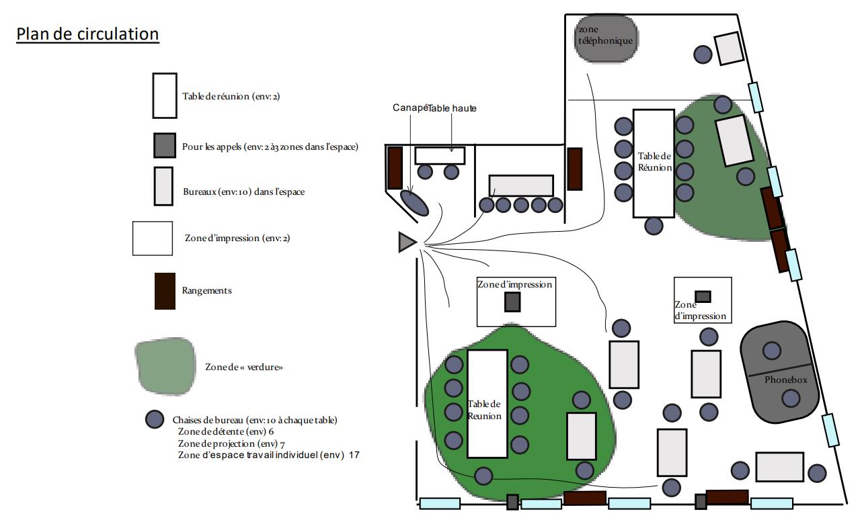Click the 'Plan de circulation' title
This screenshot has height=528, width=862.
pyautogui.click(x=87, y=34)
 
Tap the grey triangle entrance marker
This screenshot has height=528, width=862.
pyautogui.click(x=406, y=242)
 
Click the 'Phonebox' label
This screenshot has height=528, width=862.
pyautogui.click(x=785, y=380)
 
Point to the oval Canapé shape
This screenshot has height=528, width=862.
pyautogui.click(x=415, y=203)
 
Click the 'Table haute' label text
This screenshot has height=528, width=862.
pyautogui.click(x=452, y=108)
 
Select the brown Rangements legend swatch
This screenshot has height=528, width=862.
pyautogui.click(x=165, y=291)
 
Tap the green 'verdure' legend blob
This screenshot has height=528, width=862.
pyautogui.click(x=165, y=366)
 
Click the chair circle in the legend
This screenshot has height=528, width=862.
pyautogui.click(x=155, y=420)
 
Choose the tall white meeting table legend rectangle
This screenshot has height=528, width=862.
pyautogui.click(x=165, y=95)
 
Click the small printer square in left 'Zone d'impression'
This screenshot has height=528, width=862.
pyautogui.click(x=513, y=302)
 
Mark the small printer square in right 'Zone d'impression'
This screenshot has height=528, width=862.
pyautogui.click(x=703, y=296)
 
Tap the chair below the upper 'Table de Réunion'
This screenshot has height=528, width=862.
pyautogui.click(x=654, y=226)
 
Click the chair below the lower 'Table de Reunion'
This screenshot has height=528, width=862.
pyautogui.click(x=483, y=476)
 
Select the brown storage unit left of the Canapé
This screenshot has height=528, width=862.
pyautogui.click(x=395, y=167)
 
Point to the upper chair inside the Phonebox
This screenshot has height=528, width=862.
pyautogui.click(x=772, y=350)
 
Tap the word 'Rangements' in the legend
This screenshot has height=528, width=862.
pyautogui.click(x=206, y=291)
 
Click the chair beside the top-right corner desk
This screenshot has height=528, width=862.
pyautogui.click(x=703, y=54)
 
